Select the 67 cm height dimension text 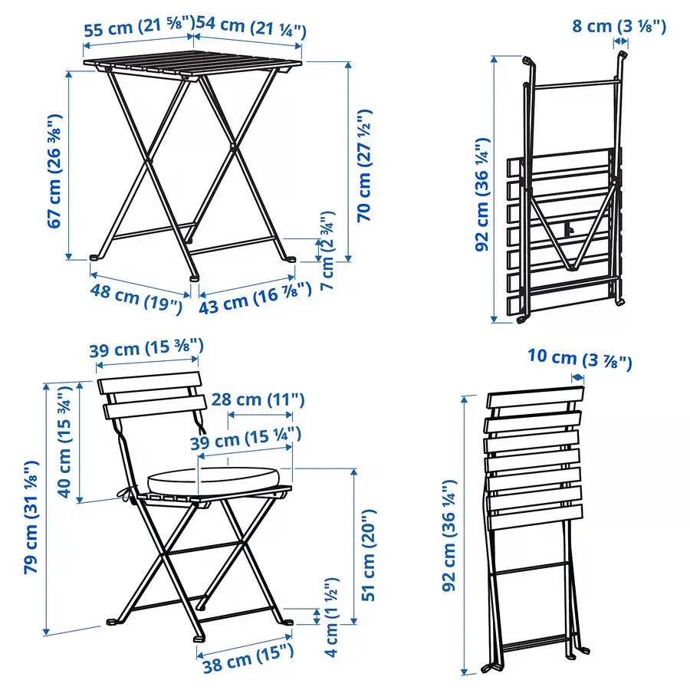coord(54,170)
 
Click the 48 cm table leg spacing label coord(135,295)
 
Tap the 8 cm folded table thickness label coord(619,26)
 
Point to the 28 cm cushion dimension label coord(257,399)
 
